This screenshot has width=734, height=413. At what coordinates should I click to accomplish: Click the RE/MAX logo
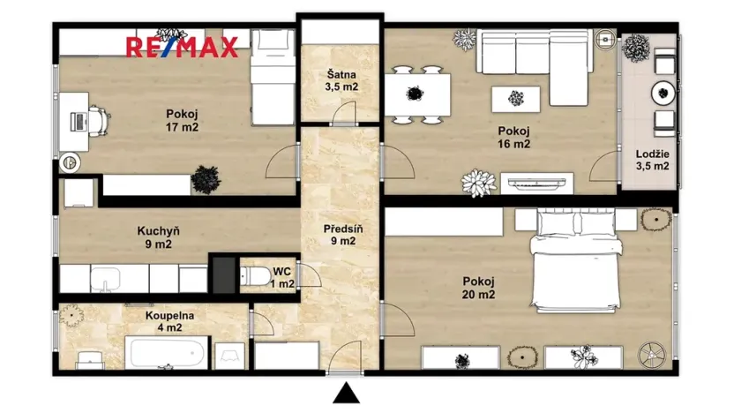click(181, 47)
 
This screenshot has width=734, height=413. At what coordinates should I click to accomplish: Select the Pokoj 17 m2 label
click(182, 120)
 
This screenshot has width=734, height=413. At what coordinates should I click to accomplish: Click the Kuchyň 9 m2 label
click(160, 237)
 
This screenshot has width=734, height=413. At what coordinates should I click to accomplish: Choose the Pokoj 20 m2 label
click(478, 288)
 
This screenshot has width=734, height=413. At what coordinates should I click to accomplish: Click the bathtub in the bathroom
click(167, 355)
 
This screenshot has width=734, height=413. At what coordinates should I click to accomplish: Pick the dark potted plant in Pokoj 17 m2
click(206, 179)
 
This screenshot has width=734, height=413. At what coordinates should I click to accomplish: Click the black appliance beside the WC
click(224, 274)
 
